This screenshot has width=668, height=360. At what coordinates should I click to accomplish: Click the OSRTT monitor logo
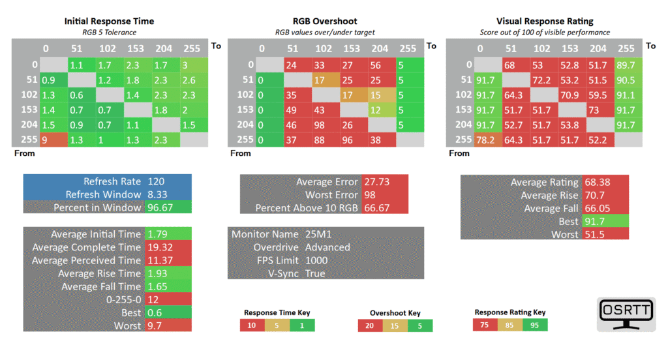pos(626,314)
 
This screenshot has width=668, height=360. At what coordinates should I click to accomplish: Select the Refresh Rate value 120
pos(156,181)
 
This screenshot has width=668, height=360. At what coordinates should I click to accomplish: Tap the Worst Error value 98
pos(370,195)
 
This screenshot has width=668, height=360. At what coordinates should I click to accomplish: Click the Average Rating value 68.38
pos(598,183)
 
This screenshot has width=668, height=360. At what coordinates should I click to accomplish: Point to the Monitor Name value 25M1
pos(318,234)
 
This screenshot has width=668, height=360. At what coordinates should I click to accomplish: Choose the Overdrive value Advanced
pos(327,248)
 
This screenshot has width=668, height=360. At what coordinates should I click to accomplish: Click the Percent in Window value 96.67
pos(160,207)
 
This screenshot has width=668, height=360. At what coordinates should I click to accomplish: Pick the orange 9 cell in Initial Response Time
pos(53,140)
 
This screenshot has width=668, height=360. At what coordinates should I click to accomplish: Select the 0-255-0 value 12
pos(153,299)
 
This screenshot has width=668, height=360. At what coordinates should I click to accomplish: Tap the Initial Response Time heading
pos(109,22)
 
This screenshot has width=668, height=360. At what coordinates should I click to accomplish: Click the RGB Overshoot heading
pos(325,22)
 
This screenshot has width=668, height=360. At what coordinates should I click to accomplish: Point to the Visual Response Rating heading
pos(545,22)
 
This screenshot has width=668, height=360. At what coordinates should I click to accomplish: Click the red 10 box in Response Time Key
pos(252,325)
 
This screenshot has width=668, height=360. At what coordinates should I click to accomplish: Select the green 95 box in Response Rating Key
pos(535,325)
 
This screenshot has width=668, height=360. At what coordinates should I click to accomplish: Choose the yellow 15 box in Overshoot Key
pos(395,326)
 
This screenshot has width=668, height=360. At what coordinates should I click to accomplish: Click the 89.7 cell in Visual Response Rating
pos(628,65)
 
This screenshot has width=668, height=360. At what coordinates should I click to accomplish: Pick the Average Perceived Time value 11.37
pos(160,260)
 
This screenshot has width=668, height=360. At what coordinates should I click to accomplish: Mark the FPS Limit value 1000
pos(316,260)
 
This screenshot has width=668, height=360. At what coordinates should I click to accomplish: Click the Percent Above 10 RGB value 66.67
pos(376,208)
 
